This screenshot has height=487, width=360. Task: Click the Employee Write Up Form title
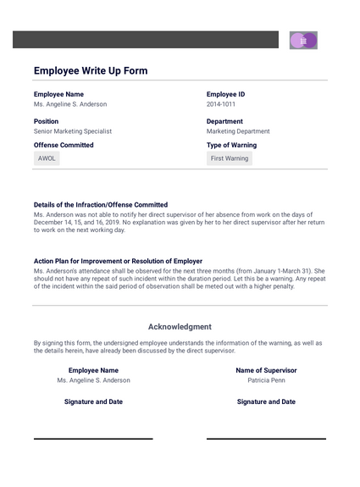click(x=91, y=71)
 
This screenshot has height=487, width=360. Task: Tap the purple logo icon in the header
click(x=303, y=40)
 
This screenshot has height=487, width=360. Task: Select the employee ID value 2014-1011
click(x=223, y=104)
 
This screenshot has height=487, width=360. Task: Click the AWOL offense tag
click(x=47, y=158)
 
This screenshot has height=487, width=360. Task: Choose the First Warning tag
click(x=230, y=158)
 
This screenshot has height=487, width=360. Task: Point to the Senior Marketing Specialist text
click(x=73, y=131)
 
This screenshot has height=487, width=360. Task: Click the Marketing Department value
click(x=238, y=131)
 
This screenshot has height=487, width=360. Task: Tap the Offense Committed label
click(x=64, y=145)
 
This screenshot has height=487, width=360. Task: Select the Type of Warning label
click(x=231, y=145)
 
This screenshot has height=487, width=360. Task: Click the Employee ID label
click(x=225, y=94)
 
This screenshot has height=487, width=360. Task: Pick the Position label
click(x=47, y=121)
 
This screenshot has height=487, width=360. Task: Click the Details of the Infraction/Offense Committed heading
click(x=101, y=205)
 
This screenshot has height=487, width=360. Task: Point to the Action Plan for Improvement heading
click(x=118, y=261)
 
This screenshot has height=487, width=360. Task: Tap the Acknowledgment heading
click(x=180, y=326)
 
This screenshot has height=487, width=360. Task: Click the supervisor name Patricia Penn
click(x=266, y=380)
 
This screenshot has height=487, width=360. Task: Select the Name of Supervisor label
click(x=266, y=370)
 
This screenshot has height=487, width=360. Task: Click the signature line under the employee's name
click(x=93, y=438)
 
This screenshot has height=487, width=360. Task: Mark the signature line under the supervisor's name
click(x=266, y=438)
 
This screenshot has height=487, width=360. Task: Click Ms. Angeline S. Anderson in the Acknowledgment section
click(x=93, y=380)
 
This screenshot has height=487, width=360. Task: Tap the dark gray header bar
click(x=145, y=40)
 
